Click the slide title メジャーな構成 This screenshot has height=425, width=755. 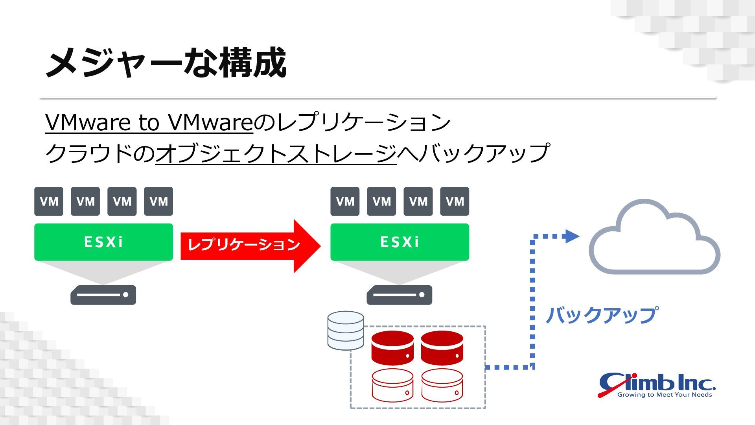click(166, 63)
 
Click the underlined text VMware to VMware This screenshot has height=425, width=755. click(149, 122)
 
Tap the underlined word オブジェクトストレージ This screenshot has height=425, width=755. click(276, 153)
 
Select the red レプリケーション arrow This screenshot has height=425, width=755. click(250, 246)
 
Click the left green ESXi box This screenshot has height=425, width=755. click(103, 242)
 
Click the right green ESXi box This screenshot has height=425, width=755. click(400, 242)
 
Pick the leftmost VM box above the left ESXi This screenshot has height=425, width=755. click(49, 201)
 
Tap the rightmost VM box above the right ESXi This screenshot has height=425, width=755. click(455, 201)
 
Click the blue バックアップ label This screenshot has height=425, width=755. click(601, 315)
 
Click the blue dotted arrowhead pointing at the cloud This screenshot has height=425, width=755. click(571, 236)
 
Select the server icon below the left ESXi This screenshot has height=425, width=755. click(103, 295)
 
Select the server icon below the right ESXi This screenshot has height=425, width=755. click(399, 295)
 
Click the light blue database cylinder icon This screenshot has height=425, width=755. click(346, 331)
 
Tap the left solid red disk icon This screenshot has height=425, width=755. click(392, 348)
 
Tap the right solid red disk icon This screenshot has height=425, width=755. click(442, 348)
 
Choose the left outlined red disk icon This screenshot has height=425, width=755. click(392, 385)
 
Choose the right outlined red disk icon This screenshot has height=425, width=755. click(442, 385)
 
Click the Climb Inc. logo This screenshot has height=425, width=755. click(657, 383)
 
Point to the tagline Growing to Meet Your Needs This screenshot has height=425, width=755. click(665, 395)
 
